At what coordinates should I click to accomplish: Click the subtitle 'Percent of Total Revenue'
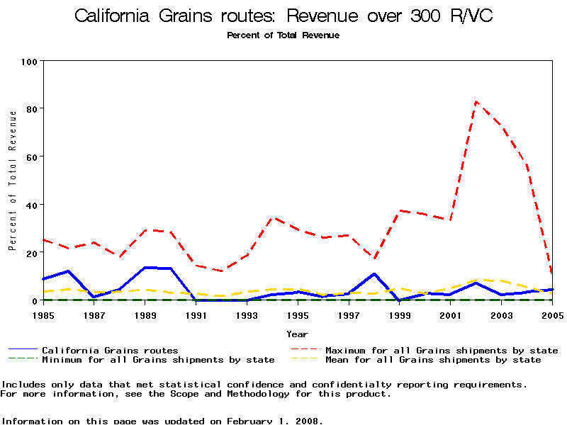283,35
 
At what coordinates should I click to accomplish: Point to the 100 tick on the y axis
29,61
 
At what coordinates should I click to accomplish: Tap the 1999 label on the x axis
400,314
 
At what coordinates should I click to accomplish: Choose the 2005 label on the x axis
552,314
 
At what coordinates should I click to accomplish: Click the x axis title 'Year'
297,334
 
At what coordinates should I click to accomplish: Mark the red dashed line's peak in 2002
476,101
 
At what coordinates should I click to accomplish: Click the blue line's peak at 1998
374,273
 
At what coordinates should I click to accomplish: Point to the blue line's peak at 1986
68,271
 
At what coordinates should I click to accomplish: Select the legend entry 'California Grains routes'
110,350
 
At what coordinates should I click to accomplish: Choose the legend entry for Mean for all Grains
432,360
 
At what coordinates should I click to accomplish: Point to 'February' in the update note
250,421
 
